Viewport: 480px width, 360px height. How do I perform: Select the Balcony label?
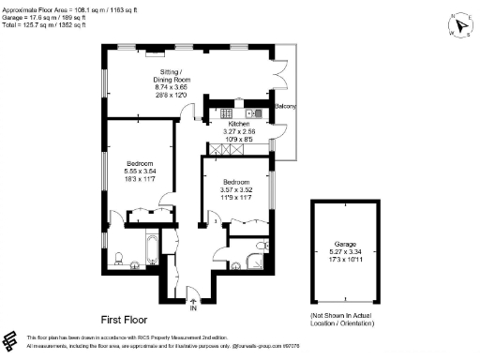[286, 106]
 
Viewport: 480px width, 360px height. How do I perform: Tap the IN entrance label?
[192, 307]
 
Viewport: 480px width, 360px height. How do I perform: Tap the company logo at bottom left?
[11, 340]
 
